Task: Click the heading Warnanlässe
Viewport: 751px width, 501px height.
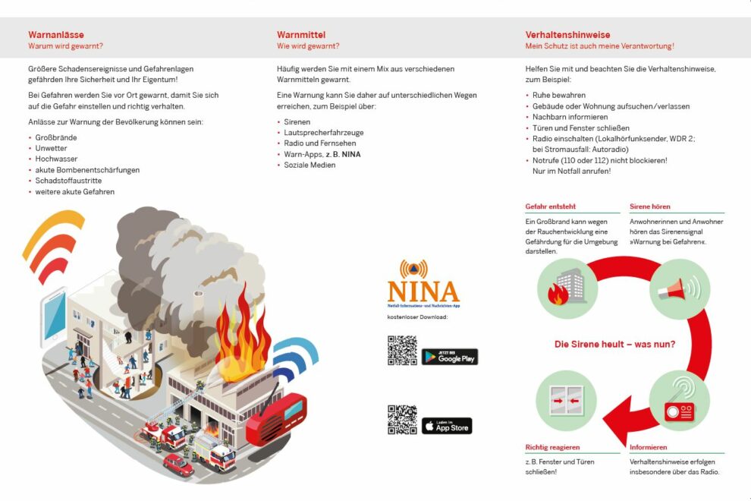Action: pyautogui.click(x=56, y=35)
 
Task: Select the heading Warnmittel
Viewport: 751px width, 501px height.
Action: pyautogui.click(x=301, y=35)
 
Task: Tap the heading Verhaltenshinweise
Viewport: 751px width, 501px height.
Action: pyautogui.click(x=567, y=35)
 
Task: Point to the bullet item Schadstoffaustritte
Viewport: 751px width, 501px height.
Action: pyautogui.click(x=68, y=181)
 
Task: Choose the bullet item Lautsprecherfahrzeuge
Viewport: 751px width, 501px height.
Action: pyautogui.click(x=323, y=132)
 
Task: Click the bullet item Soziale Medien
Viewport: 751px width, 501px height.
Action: pyautogui.click(x=310, y=165)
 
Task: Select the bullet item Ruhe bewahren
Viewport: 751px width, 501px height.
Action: pyautogui.click(x=559, y=96)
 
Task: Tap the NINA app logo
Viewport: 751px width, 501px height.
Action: pyautogui.click(x=423, y=284)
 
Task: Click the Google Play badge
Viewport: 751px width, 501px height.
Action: pyautogui.click(x=450, y=356)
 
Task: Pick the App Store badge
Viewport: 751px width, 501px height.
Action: pyautogui.click(x=446, y=426)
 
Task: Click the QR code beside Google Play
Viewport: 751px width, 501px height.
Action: pyautogui.click(x=403, y=350)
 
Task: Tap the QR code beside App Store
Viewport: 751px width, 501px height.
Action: pyautogui.click(x=402, y=420)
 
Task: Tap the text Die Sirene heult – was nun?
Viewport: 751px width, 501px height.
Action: pyautogui.click(x=614, y=344)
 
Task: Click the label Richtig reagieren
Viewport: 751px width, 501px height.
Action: pyautogui.click(x=552, y=447)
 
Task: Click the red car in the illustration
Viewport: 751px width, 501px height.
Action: pyautogui.click(x=178, y=464)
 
